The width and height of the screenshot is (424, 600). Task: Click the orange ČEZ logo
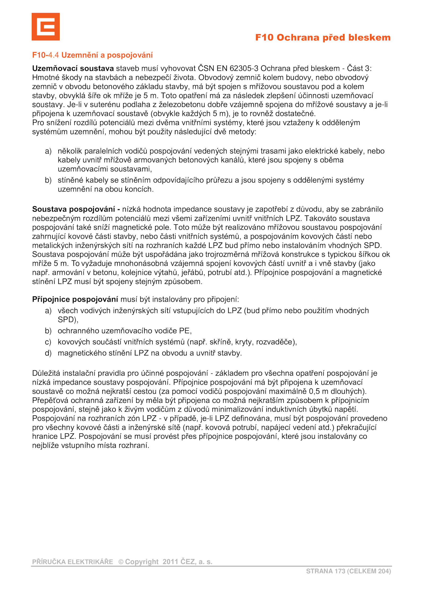point(46,27)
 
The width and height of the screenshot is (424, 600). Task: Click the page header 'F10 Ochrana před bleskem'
point(323,37)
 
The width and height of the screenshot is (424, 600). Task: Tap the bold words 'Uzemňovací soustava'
point(73,68)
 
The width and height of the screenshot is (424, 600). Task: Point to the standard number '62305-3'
point(244,68)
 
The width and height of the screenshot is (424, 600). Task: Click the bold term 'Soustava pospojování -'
point(76,209)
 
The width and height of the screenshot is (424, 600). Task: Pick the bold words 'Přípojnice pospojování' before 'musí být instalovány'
point(75,299)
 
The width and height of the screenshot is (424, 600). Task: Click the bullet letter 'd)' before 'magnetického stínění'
point(48,353)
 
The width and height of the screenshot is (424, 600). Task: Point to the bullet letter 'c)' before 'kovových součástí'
point(48,342)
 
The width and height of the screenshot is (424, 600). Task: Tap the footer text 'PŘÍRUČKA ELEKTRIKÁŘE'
point(73,562)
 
